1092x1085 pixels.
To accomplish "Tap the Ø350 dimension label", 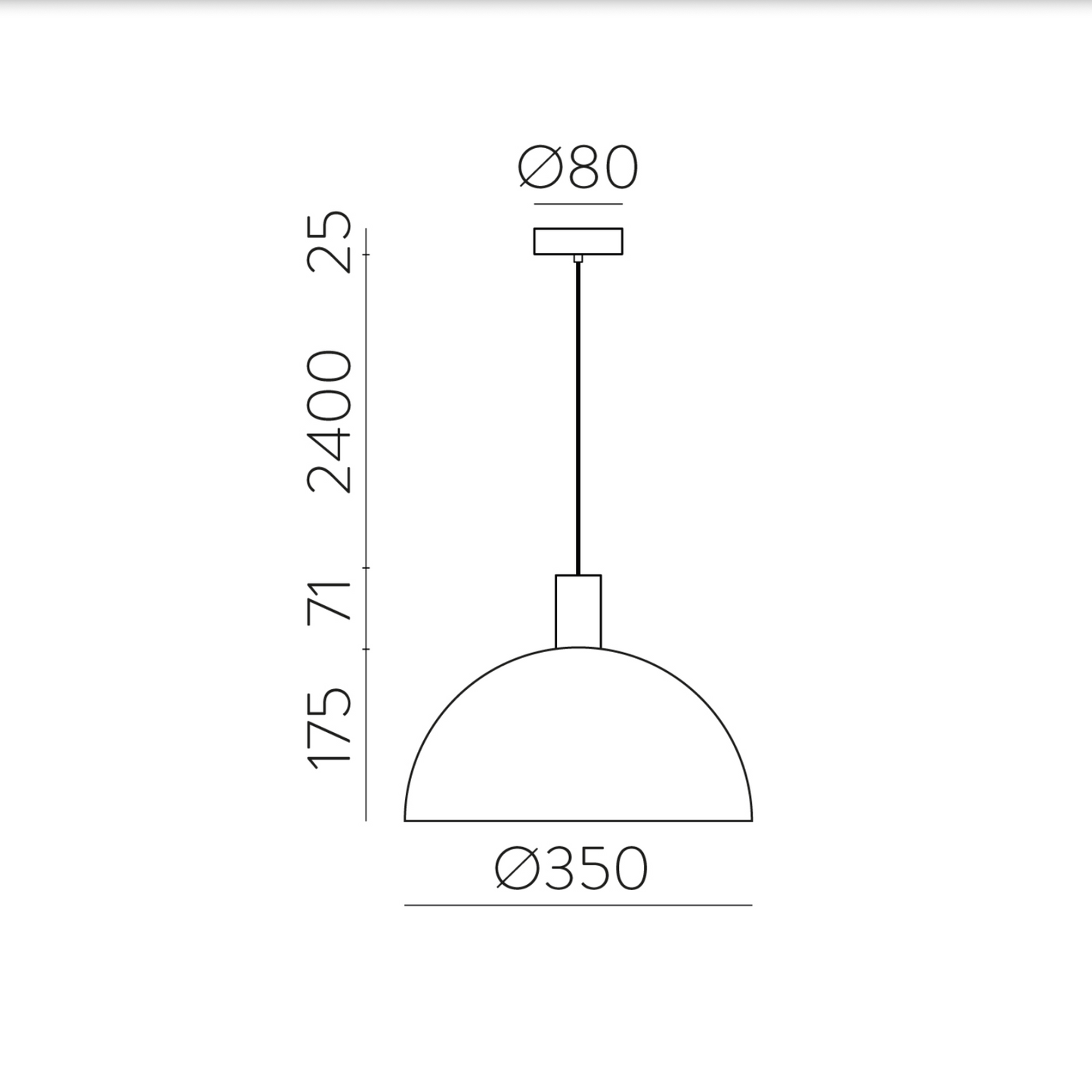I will [x=571, y=868].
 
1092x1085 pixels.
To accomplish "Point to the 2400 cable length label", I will [x=330, y=422].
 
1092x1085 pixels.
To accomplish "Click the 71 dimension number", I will [x=330, y=601].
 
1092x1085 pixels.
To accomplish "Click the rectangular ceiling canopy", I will [x=578, y=241].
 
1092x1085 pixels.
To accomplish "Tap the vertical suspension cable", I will [x=578, y=416].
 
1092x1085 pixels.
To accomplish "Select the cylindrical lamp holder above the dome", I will [x=578, y=611].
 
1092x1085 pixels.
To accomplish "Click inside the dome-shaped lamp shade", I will [x=578, y=748].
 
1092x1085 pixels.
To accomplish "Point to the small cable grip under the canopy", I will [x=578, y=258].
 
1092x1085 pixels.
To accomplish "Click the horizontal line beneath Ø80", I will [x=578, y=204].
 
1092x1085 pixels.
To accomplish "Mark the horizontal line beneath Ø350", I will [x=578, y=904].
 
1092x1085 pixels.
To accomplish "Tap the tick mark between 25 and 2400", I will [x=367, y=255].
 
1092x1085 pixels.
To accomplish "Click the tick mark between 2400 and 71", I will [x=367, y=567].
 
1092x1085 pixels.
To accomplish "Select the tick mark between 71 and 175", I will [x=367, y=649].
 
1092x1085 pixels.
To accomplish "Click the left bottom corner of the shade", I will [x=406, y=819].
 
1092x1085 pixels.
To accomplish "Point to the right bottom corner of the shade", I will [x=751, y=819].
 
